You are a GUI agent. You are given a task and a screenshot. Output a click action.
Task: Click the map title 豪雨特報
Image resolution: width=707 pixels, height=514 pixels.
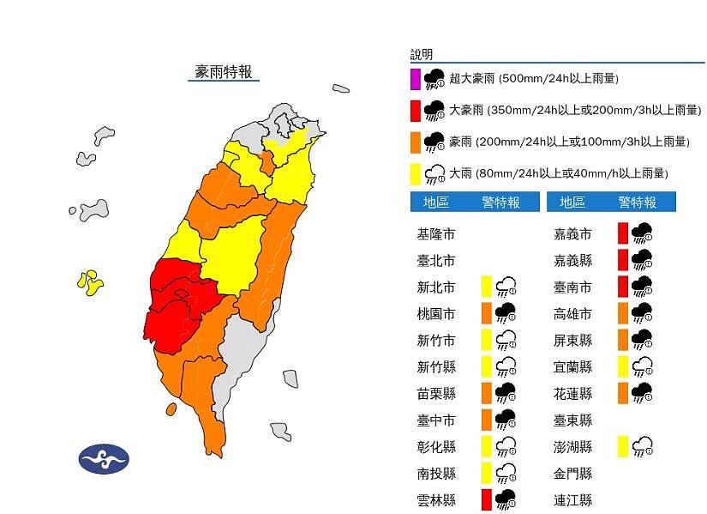(223, 72)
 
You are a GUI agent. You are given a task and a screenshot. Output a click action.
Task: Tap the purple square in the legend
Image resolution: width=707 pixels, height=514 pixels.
(415, 80)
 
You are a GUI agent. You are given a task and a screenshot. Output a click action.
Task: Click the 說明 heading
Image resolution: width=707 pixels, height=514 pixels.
(422, 55)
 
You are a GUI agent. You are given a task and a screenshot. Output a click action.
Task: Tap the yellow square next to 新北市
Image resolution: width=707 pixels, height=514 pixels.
(486, 287)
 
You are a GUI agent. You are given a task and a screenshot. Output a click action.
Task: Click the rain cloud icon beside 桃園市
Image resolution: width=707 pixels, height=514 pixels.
(506, 313)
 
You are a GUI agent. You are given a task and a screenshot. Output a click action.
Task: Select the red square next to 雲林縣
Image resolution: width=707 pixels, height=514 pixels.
(486, 499)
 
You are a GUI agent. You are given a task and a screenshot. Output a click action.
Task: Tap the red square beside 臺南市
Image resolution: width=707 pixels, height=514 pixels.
(623, 287)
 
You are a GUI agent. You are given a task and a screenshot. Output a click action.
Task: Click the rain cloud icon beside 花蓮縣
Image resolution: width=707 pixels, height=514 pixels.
(643, 393)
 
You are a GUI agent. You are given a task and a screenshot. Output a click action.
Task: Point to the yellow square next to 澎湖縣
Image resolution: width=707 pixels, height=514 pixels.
(623, 446)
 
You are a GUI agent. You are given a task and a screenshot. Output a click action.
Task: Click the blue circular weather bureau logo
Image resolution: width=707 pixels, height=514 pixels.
(104, 459)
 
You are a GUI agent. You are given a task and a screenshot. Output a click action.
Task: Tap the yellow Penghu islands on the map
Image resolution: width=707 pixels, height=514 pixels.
(89, 281)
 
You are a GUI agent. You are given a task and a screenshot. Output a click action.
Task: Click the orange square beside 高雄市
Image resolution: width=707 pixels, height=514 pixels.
(623, 313)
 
